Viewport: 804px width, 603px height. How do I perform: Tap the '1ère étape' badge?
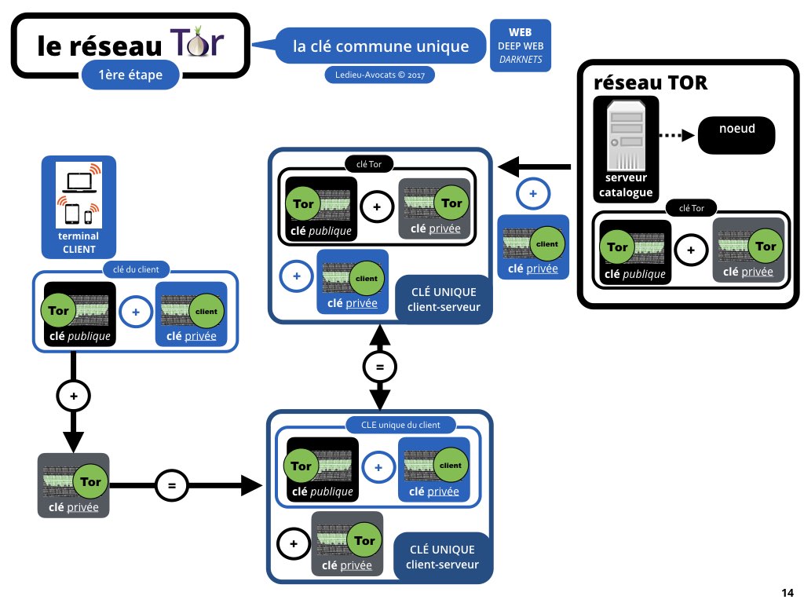[131, 75]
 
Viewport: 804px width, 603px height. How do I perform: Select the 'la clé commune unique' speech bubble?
[380, 46]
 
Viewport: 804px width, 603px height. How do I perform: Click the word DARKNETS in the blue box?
[521, 60]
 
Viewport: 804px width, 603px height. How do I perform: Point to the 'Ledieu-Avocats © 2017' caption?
[379, 75]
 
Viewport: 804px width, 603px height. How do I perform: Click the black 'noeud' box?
[736, 135]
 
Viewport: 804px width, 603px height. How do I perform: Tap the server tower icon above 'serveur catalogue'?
[626, 137]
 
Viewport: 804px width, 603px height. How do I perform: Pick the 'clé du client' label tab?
[136, 269]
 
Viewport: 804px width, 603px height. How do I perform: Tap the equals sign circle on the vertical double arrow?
[380, 367]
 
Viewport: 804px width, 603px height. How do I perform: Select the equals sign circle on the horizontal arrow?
[172, 485]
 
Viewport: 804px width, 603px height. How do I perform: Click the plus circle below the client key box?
[73, 397]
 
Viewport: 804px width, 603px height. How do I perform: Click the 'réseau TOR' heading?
[650, 82]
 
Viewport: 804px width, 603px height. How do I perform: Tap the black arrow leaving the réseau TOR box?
[534, 166]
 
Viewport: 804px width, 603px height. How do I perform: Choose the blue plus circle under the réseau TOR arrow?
[533, 194]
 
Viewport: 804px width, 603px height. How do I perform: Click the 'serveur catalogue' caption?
[626, 185]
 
